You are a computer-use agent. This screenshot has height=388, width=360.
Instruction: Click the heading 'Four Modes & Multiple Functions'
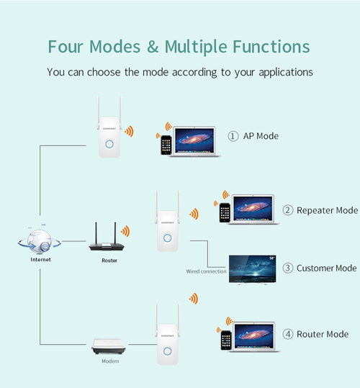click(179, 47)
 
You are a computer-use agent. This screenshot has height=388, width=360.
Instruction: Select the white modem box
click(109, 348)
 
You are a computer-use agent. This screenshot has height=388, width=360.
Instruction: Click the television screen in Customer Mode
click(252, 268)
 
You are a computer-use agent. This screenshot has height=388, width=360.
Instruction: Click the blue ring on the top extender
click(109, 143)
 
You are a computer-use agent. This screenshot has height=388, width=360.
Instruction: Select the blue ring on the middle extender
click(167, 238)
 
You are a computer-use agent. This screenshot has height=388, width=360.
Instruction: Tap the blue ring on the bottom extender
click(167, 351)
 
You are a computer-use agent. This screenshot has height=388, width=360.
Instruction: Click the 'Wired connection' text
click(206, 271)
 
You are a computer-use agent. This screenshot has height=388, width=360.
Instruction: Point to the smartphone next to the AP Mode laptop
click(166, 144)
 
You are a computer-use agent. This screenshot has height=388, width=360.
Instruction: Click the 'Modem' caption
click(109, 362)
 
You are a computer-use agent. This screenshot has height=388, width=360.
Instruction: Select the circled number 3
click(288, 268)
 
